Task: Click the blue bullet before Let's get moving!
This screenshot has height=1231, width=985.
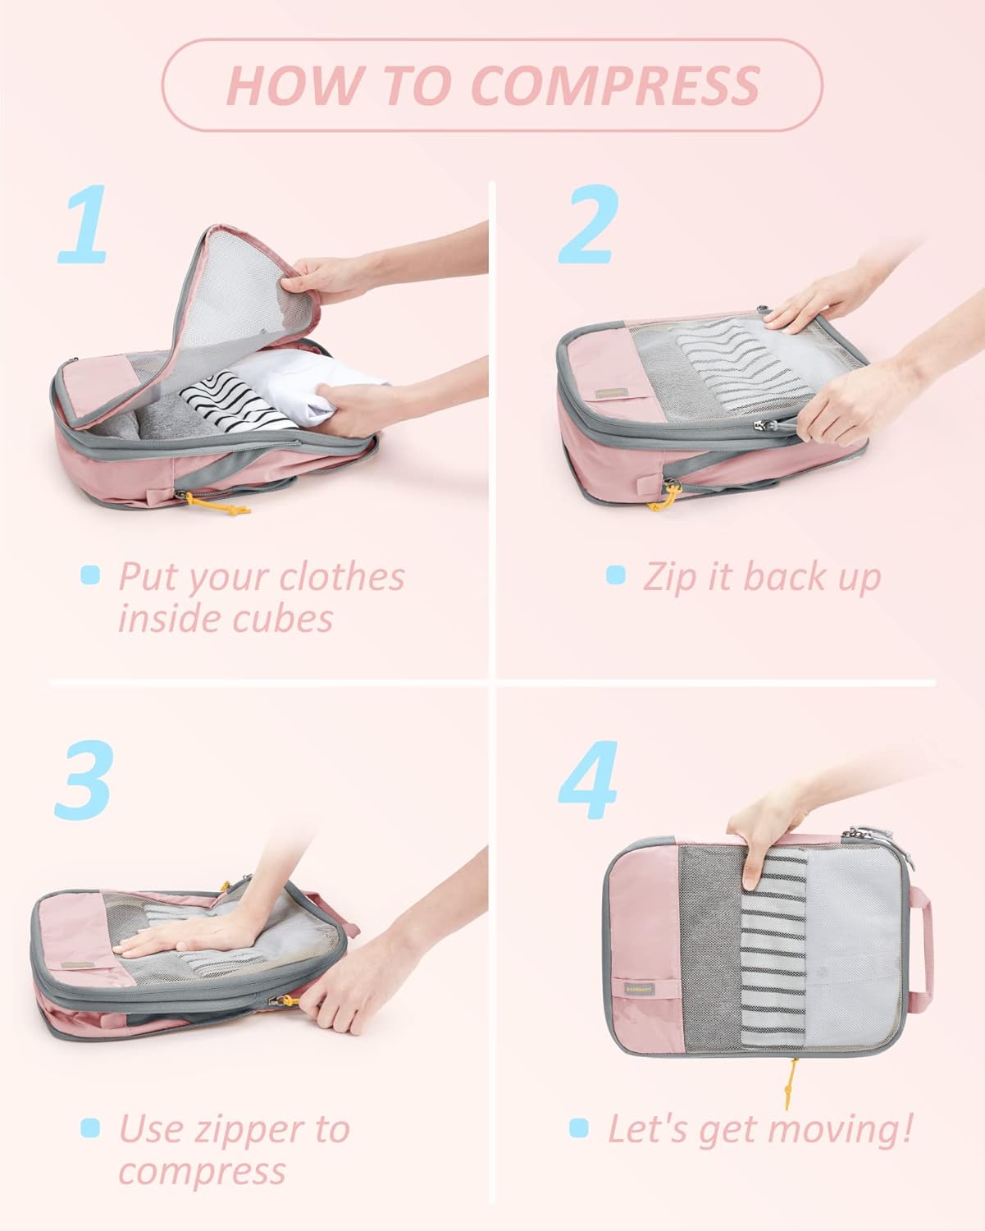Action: pos(579,1128)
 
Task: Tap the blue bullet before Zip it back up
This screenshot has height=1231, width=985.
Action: pos(615,575)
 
